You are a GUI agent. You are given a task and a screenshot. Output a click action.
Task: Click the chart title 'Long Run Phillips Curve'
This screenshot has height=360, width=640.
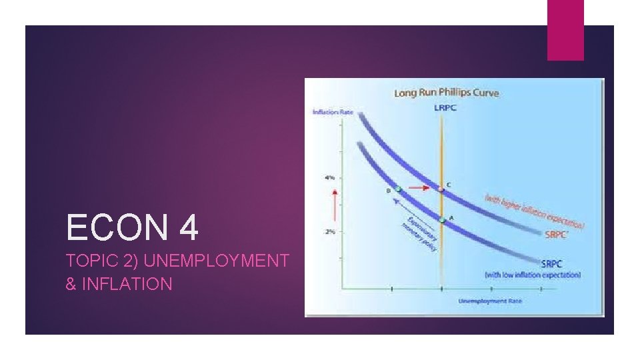(446, 93)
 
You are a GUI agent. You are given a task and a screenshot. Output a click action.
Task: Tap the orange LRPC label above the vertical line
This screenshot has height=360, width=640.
(445, 107)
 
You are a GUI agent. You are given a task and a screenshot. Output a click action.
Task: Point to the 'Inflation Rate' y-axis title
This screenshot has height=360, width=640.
(333, 111)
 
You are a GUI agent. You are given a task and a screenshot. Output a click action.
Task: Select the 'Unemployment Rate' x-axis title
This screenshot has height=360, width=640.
(490, 301)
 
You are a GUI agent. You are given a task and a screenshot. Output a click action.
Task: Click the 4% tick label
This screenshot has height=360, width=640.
(330, 177)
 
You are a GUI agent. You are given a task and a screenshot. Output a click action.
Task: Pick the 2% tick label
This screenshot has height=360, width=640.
(330, 231)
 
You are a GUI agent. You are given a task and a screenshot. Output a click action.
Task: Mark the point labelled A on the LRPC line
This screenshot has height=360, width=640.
(441, 219)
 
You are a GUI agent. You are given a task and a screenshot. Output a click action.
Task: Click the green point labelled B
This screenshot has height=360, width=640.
(398, 189)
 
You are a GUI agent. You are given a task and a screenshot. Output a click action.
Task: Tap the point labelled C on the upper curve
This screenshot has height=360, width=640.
(441, 189)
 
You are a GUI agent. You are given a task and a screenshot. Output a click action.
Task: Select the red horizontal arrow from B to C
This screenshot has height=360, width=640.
(419, 188)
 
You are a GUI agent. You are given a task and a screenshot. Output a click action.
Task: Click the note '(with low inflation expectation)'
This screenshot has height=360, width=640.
(532, 275)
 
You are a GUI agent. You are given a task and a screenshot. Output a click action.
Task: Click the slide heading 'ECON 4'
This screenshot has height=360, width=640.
(132, 228)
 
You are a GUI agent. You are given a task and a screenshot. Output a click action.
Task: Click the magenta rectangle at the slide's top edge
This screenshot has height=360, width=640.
(565, 29)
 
